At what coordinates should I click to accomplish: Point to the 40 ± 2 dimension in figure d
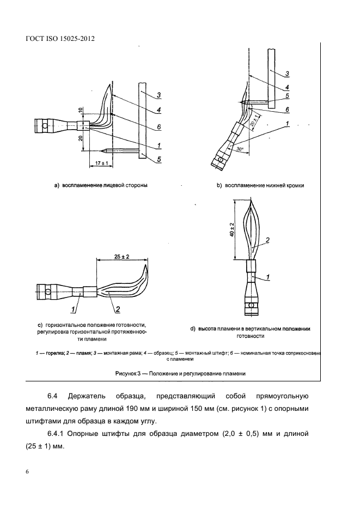(232, 230)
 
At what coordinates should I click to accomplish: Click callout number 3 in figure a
(158, 95)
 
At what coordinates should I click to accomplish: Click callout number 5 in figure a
(158, 160)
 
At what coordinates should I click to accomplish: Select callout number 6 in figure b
(286, 108)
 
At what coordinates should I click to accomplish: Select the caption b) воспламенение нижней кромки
(260, 185)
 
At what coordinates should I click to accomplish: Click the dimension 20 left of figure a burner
(80, 138)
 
